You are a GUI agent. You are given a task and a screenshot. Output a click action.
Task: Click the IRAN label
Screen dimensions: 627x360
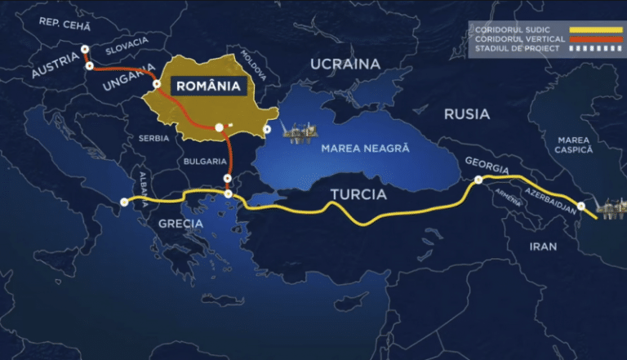pyautogui.click(x=543, y=245)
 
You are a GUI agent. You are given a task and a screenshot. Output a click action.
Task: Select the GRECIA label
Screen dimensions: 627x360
pyautogui.click(x=181, y=222)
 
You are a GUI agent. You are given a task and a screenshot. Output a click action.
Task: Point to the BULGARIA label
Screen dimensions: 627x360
pyautogui.click(x=203, y=161)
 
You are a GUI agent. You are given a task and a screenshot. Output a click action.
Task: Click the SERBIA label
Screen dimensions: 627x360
pyautogui.click(x=153, y=138)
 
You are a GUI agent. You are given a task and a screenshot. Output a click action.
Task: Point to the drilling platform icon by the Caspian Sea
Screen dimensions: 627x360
pyautogui.click(x=611, y=208)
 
